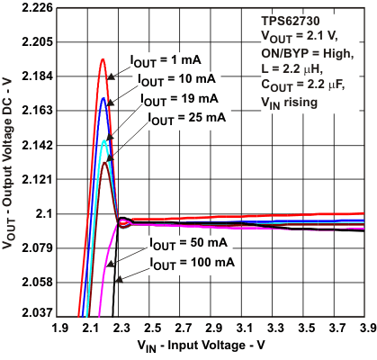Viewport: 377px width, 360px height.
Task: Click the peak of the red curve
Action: tap(103, 59)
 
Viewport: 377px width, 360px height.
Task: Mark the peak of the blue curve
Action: tap(103, 97)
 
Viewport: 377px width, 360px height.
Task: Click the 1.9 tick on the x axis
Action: tap(61, 329)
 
